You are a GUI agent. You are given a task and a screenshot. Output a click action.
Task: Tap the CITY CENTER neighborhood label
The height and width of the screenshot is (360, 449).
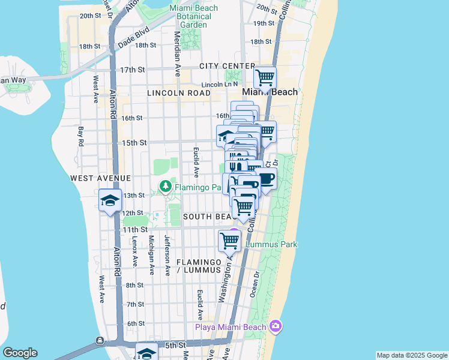click(228, 65)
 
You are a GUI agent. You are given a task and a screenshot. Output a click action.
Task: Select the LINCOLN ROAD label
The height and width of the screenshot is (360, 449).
click(179, 93)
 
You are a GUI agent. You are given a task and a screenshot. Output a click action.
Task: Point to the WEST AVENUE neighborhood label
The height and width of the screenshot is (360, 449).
click(100, 178)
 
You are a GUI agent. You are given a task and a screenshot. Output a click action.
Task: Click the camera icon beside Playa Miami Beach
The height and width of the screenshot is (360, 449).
click(276, 326)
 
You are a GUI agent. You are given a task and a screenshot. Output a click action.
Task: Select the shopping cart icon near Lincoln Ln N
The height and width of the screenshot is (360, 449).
click(265, 77)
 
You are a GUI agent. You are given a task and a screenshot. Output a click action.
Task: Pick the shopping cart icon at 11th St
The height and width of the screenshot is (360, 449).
click(230, 241)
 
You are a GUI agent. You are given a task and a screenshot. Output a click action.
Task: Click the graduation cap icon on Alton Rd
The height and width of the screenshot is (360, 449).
click(110, 201)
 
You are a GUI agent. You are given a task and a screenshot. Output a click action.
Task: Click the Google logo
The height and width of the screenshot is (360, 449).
click(20, 353)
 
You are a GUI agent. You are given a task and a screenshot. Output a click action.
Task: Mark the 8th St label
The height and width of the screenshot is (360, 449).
click(134, 285)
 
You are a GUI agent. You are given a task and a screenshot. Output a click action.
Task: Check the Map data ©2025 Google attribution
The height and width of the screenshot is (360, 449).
click(412, 355)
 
